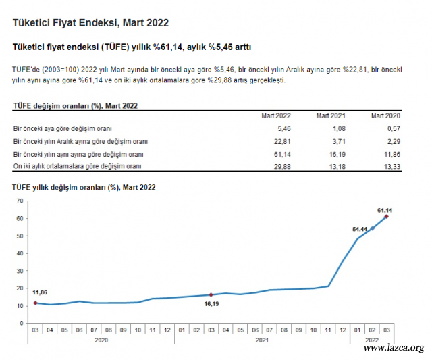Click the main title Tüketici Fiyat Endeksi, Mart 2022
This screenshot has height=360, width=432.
(90, 23)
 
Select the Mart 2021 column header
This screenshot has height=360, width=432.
(331, 116)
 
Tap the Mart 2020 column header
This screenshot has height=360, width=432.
(385, 116)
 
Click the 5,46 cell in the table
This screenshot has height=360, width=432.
(284, 128)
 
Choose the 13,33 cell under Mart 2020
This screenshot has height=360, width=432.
(391, 166)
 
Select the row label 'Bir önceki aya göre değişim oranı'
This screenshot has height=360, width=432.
(62, 128)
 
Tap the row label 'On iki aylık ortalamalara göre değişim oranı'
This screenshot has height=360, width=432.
(78, 166)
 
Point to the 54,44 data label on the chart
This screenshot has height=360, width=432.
(360, 229)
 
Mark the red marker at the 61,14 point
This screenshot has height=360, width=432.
(387, 217)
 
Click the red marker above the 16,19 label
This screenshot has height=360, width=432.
(211, 294)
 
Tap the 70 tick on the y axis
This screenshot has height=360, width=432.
(20, 201)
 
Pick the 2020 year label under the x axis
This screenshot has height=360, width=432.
(101, 341)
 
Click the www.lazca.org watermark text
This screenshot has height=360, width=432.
(394, 348)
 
